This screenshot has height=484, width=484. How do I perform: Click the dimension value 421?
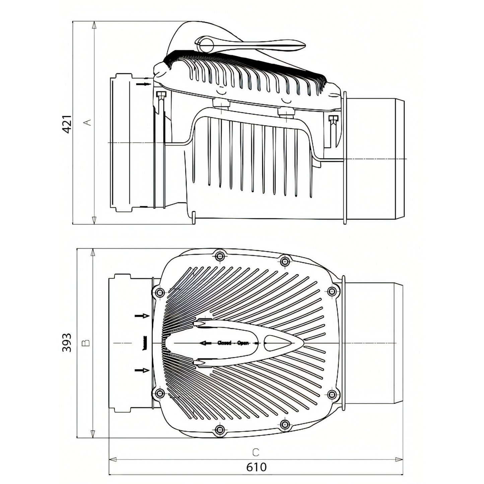67,124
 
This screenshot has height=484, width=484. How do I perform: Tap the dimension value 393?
67,342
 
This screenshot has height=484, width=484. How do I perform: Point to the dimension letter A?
87,122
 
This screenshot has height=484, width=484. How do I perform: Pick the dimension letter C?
256,453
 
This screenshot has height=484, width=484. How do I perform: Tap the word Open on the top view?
243,343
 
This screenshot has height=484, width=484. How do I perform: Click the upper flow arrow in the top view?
142,316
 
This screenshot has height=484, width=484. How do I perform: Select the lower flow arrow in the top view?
142,370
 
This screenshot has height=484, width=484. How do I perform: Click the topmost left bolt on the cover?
220,257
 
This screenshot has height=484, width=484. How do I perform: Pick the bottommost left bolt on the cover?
220,430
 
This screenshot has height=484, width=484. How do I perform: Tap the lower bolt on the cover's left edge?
159,393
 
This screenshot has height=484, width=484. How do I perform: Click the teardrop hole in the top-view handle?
275,343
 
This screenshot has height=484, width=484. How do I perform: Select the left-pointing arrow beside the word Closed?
205,343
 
